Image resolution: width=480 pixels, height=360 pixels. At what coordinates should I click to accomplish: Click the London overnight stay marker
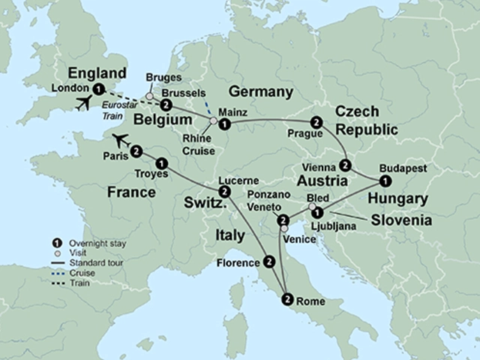tap(90, 88)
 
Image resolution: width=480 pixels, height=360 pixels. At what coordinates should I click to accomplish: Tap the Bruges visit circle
tap(150, 97)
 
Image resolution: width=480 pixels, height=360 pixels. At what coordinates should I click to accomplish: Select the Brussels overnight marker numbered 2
tap(166, 105)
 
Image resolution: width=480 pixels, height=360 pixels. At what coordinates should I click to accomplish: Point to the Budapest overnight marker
tap(384, 181)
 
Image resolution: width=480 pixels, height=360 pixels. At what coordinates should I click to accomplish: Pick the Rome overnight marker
tap(286, 300)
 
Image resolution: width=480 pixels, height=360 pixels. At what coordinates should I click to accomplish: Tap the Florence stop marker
tap(269, 262)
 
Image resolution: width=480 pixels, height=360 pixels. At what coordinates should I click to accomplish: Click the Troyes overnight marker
tap(161, 162)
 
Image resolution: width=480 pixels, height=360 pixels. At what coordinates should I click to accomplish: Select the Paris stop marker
tap(136, 151)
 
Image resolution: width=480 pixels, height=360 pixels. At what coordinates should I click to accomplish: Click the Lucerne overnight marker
tap(226, 192)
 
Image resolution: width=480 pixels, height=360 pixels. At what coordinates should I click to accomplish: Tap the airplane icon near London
tap(85, 103)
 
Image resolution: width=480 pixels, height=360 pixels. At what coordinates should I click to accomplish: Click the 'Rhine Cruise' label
tap(197, 145)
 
